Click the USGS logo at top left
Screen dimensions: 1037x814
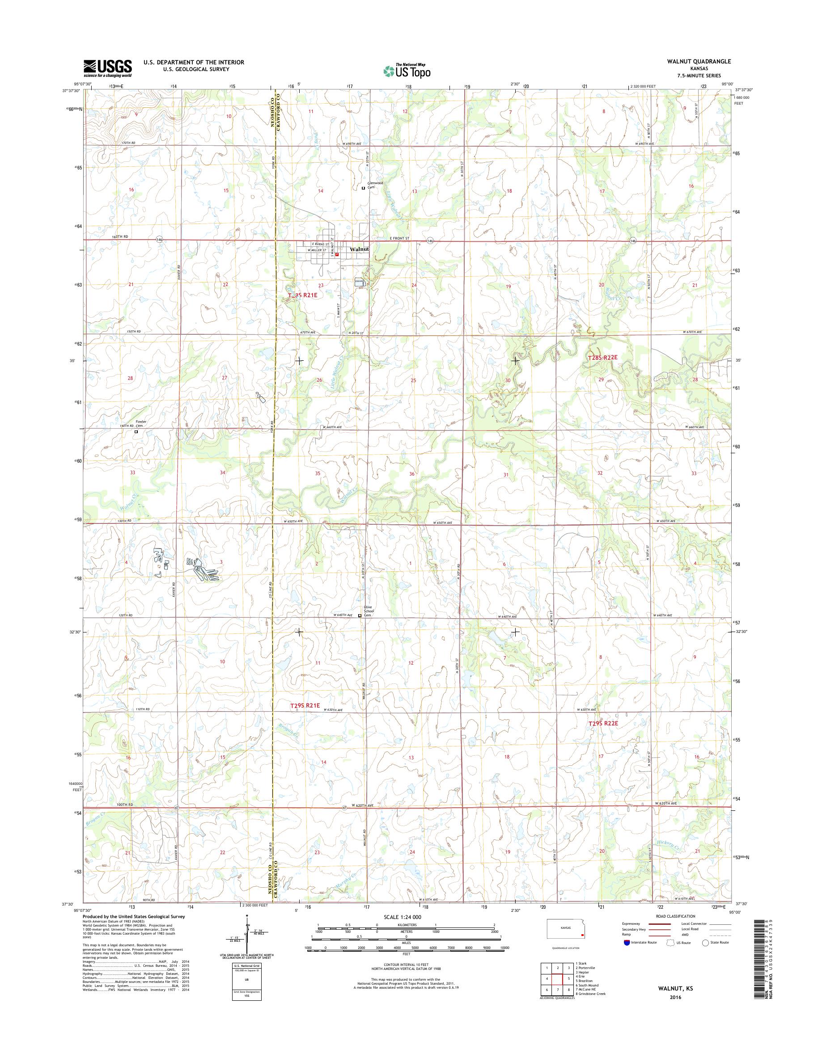(x=108, y=68)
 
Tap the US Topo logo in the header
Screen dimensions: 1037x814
(x=407, y=71)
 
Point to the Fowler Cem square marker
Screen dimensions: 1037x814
(x=136, y=432)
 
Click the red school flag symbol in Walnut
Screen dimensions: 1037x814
(x=337, y=254)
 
